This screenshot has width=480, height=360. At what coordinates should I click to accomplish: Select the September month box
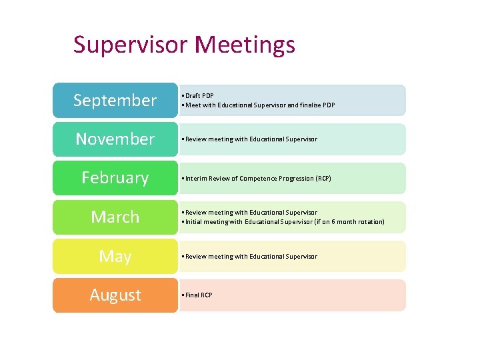click(115, 101)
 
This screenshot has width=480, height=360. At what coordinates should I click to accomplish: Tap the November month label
click(115, 139)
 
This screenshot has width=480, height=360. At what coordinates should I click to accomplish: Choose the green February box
click(115, 178)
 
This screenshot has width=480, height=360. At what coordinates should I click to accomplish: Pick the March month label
click(115, 217)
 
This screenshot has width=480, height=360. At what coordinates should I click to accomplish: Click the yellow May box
click(115, 257)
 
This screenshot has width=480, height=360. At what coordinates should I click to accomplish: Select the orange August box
click(115, 295)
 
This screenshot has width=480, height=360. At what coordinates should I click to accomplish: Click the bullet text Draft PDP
click(199, 96)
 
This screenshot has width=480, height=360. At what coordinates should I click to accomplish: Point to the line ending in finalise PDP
click(260, 105)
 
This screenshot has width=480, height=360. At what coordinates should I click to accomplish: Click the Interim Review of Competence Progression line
click(257, 179)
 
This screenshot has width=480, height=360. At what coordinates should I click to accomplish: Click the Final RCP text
click(199, 295)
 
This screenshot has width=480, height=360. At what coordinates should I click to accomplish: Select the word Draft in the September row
click(193, 96)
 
